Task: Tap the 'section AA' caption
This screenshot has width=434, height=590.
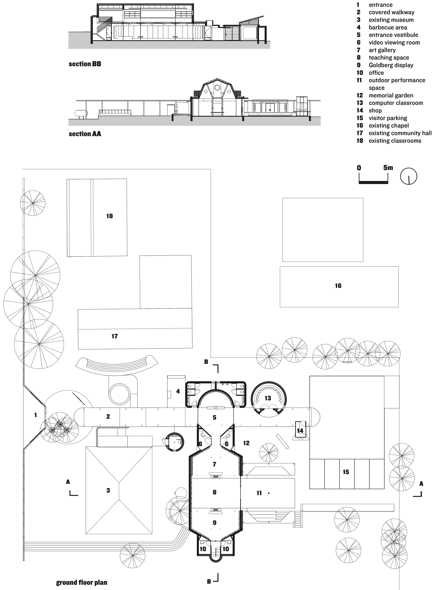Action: [x=85, y=134]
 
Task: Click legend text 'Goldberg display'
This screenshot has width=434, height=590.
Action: [x=391, y=65]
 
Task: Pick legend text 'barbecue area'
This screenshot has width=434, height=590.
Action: [x=388, y=27]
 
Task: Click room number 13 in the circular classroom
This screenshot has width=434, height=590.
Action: [x=268, y=398]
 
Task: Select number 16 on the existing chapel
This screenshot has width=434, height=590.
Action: [x=338, y=286]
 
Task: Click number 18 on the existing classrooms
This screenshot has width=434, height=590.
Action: [x=110, y=216]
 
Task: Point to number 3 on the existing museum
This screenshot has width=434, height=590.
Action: [x=108, y=490]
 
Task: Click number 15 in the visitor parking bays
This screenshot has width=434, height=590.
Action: [x=346, y=472]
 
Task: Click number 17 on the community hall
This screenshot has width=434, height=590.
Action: [x=115, y=336]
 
